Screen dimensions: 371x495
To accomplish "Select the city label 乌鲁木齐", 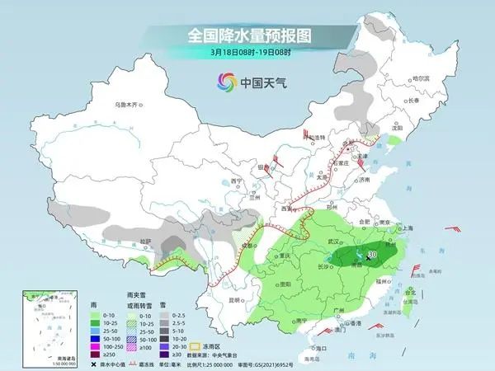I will [x=128, y=105].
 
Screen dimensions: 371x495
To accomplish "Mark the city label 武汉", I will [x=334, y=241].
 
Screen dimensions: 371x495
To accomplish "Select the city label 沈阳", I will [x=397, y=129].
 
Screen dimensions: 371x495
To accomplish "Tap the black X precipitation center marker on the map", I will [x=368, y=258].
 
